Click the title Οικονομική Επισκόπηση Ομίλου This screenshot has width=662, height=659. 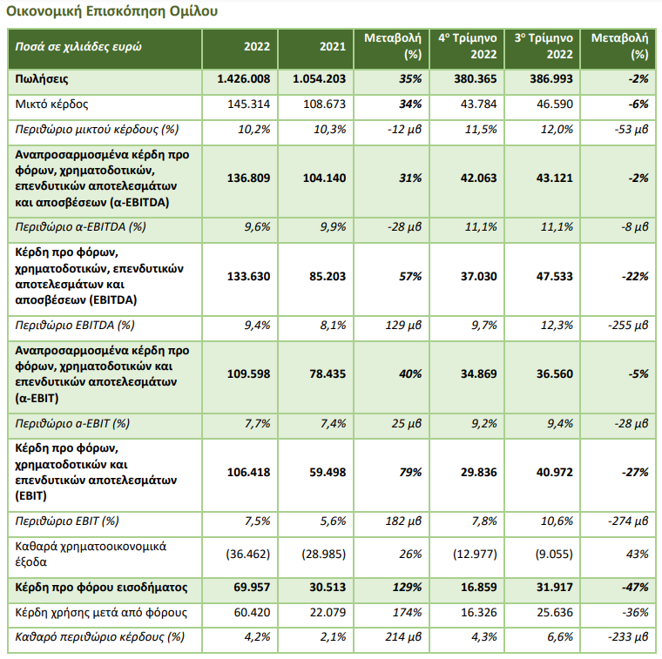111,11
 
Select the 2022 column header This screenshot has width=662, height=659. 257,46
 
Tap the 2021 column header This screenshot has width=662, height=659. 333,46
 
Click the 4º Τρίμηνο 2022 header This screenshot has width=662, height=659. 468,46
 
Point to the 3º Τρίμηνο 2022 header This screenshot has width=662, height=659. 544,46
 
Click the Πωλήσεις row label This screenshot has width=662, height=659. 42,79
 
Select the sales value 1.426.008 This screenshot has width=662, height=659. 244,79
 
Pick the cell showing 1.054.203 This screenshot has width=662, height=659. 319,79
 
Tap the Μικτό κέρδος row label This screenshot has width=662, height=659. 51,104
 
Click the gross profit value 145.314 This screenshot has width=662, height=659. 248,104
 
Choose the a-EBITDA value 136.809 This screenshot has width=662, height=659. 248,178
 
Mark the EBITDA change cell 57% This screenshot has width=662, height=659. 410,276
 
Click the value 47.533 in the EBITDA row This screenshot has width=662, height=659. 554,276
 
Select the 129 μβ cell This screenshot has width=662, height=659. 403,326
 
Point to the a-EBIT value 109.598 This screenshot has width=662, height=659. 248,373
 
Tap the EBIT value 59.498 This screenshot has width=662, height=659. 328,472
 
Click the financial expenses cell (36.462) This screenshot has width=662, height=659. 248,554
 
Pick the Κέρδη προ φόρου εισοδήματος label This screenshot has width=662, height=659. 101,588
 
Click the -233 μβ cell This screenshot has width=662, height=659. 628,637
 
